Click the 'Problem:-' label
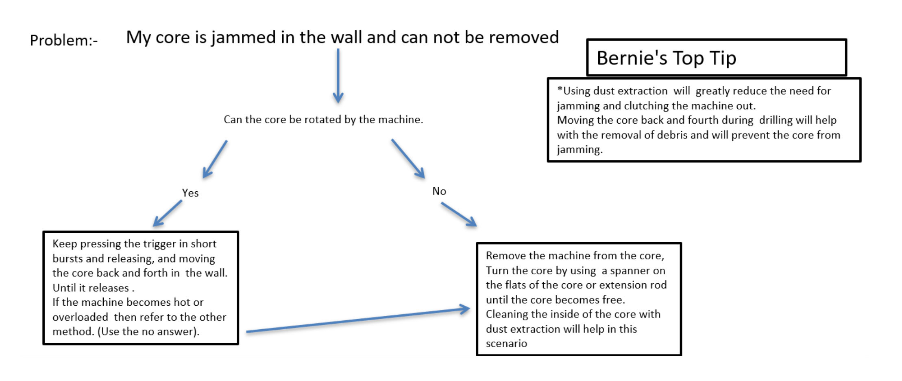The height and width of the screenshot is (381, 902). click(x=64, y=40)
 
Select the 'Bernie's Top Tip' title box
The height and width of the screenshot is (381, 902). click(x=717, y=57)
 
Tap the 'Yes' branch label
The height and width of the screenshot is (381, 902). click(x=190, y=193)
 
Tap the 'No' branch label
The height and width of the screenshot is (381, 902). click(x=439, y=191)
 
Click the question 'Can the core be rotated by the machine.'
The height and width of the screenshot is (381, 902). click(x=323, y=119)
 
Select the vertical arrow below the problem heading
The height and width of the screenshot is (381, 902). click(x=338, y=76)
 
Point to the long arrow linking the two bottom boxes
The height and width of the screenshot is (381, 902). click(x=358, y=320)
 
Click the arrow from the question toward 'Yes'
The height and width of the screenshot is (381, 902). click(x=215, y=159)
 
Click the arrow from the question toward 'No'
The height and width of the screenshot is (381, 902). click(x=408, y=159)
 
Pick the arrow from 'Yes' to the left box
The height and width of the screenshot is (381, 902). click(x=167, y=213)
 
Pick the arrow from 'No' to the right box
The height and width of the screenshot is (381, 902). click(x=459, y=215)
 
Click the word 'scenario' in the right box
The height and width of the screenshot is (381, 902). click(x=506, y=344)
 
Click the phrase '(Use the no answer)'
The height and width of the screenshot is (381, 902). click(x=148, y=332)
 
